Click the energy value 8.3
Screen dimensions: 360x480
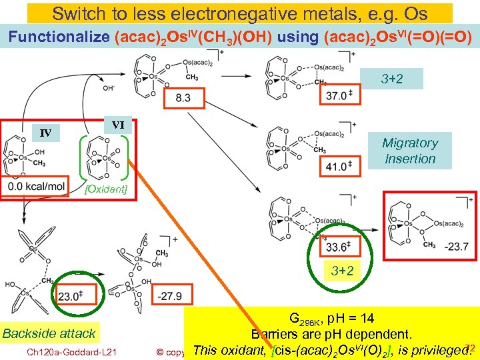pos(182,98)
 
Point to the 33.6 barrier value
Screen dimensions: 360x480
pos(337,247)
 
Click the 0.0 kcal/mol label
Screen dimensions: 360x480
pos(35,187)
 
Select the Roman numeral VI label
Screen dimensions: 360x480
pos(118,125)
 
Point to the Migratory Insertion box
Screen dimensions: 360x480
pos(409,151)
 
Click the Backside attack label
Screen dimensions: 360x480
pos(49,333)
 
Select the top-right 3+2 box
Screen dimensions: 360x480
pos(392,79)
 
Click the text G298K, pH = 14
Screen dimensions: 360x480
pos(331,318)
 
